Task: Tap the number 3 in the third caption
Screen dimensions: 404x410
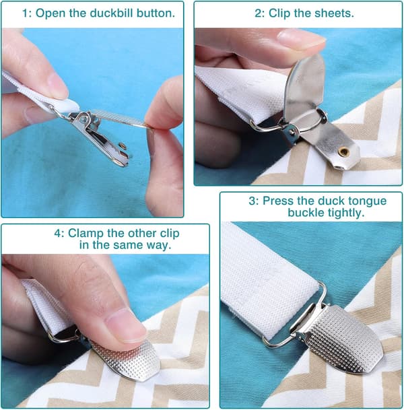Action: [x=252, y=201]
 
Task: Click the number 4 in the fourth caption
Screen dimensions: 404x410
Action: [x=58, y=233]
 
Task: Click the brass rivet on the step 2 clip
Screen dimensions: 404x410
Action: [x=343, y=151]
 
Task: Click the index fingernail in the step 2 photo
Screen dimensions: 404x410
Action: [x=301, y=37]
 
